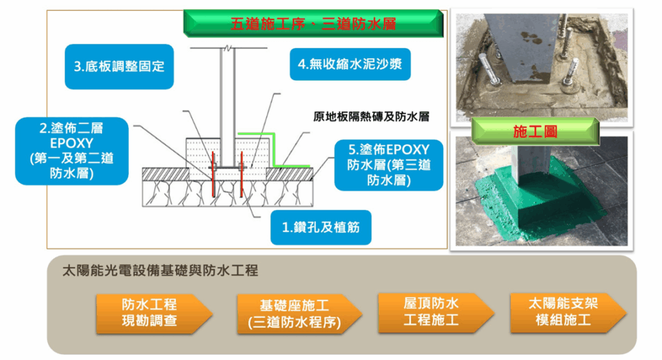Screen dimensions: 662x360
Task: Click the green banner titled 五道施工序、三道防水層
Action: (314, 23)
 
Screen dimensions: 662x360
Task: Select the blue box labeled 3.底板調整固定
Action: (119, 67)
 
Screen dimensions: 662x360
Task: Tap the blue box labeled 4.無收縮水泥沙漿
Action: (350, 64)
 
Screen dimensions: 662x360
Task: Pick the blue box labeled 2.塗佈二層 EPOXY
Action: (72, 151)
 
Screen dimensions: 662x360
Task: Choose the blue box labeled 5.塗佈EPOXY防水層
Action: (389, 165)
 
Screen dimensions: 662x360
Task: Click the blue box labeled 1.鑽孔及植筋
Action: (321, 228)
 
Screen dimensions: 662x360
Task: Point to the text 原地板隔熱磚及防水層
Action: (371, 116)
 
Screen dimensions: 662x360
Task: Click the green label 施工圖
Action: (535, 131)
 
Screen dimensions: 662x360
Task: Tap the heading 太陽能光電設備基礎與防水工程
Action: (160, 271)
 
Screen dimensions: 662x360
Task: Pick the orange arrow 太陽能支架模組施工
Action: (568, 313)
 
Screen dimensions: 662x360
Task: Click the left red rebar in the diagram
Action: (213, 175)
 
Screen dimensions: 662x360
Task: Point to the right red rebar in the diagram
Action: (242, 175)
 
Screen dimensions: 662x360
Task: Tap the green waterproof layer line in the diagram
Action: (274, 150)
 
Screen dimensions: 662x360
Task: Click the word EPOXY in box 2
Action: (72, 143)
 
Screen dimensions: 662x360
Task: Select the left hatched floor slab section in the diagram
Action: (165, 174)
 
